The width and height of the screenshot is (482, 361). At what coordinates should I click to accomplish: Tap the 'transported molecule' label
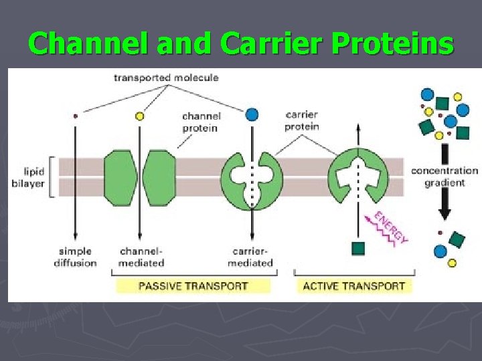click(x=166, y=78)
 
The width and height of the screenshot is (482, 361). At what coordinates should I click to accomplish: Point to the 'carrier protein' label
click(x=302, y=120)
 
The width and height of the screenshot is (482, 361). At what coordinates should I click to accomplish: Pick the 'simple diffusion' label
click(x=75, y=257)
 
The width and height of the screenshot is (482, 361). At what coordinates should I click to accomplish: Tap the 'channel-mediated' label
click(x=141, y=257)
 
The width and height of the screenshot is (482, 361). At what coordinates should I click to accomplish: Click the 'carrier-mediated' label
click(x=251, y=257)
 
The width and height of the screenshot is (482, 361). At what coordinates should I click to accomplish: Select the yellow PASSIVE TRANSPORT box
click(x=193, y=286)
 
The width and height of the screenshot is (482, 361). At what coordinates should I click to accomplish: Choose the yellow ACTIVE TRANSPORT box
click(x=354, y=286)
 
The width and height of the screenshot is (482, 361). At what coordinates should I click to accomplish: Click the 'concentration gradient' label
click(x=445, y=176)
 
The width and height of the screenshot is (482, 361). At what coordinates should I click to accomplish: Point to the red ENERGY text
click(x=391, y=227)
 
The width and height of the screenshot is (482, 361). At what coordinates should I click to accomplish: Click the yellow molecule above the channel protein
click(x=139, y=116)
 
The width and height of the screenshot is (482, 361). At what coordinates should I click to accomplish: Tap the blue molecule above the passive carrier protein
click(x=252, y=114)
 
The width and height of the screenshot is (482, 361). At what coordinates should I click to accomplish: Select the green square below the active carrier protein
click(x=359, y=248)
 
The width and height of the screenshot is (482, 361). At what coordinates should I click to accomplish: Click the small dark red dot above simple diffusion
click(x=75, y=116)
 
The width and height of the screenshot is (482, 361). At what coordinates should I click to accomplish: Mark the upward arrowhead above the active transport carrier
click(x=359, y=127)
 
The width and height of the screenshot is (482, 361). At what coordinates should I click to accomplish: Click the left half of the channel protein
click(x=120, y=177)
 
